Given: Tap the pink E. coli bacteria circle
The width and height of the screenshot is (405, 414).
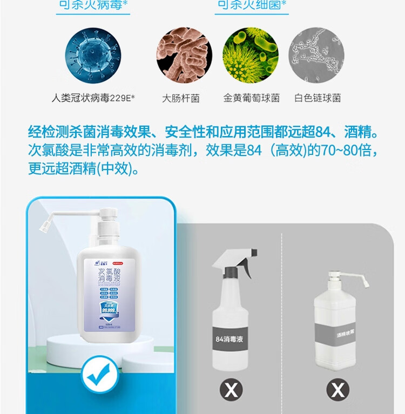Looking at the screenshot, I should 184,56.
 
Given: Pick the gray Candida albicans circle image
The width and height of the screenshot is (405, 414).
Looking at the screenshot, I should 316,56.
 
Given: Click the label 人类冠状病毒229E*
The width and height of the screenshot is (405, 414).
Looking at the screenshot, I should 93,98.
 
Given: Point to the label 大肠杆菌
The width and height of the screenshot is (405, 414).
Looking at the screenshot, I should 181,98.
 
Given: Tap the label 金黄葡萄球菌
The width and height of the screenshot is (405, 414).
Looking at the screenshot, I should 252,98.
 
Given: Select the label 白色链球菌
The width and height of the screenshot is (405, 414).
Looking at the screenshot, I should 318,98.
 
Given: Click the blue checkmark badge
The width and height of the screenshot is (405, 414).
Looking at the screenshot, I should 101,373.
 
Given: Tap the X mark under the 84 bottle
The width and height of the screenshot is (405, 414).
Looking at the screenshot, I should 231,389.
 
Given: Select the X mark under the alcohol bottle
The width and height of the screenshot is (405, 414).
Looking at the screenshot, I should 338,389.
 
